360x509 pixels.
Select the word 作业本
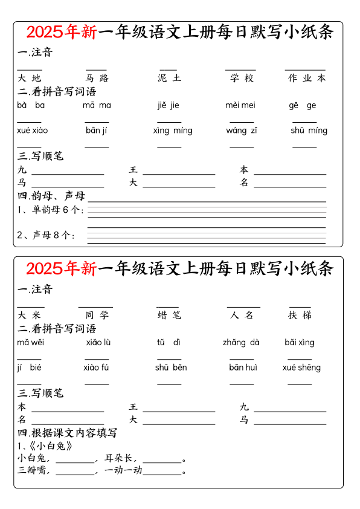pos(307,78)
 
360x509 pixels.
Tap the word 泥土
pos(169,78)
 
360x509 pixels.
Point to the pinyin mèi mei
pos(240,105)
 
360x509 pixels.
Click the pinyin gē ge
pos(302,105)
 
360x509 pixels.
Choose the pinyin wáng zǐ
pos(242,130)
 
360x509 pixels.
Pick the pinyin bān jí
pos(96,130)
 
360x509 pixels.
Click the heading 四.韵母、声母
pos(51,196)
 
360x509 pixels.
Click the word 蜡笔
pos(169,315)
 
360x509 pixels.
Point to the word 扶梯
pos(300,315)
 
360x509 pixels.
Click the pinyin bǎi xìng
pos(300,342)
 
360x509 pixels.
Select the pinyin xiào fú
pos(96,367)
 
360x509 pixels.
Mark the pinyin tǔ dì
pos(169,342)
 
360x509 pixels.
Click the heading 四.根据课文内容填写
pos(67,433)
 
